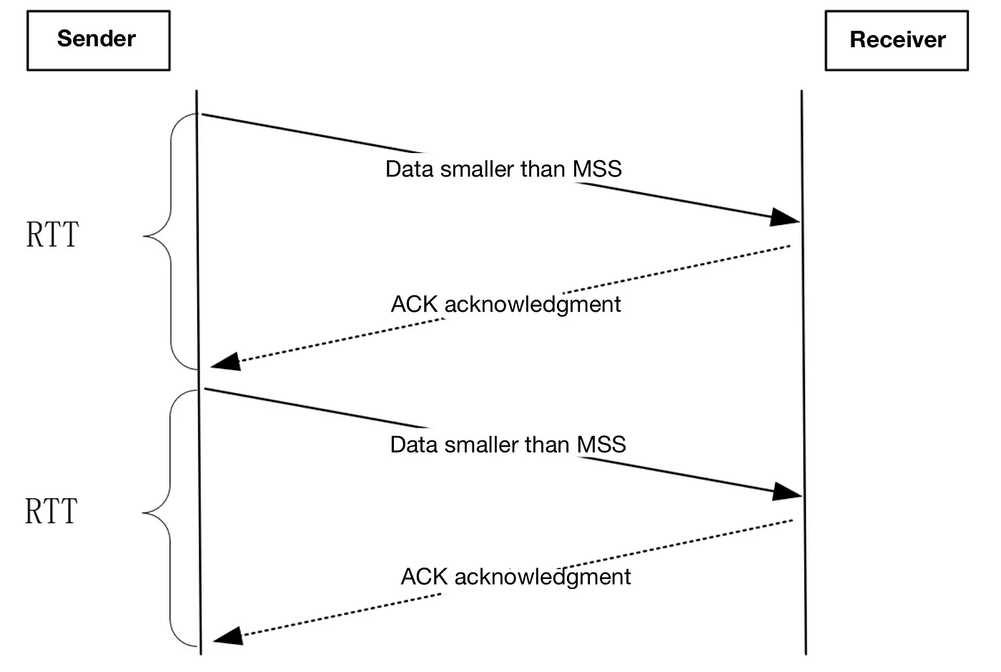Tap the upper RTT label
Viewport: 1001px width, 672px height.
[52, 234]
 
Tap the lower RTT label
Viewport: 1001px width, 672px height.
[51, 510]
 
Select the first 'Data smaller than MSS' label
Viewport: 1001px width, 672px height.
[503, 169]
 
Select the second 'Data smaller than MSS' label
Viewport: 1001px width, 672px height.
[508, 445]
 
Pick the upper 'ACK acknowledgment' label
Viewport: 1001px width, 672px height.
[506, 305]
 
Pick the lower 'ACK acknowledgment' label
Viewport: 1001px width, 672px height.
[516, 577]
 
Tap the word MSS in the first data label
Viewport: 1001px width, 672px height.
[597, 169]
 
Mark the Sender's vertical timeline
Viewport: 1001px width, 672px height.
[199, 372]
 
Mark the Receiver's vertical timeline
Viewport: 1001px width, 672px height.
[804, 372]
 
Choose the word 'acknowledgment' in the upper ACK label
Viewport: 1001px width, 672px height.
[533, 305]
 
